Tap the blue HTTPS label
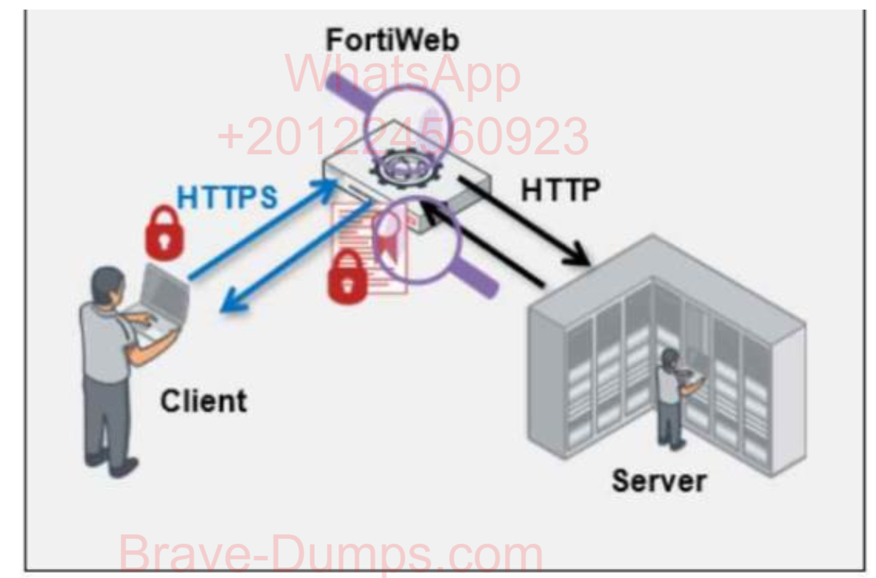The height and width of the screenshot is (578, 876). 227,197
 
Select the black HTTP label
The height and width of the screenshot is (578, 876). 560,190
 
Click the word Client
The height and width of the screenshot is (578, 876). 204,402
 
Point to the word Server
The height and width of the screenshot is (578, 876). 658,481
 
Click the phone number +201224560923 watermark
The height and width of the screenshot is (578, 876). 403,137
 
